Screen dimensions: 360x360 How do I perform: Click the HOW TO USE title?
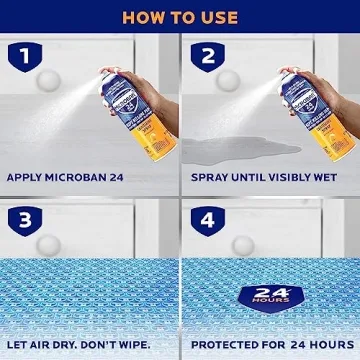180,17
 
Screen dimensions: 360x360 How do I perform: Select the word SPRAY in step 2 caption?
210,179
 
